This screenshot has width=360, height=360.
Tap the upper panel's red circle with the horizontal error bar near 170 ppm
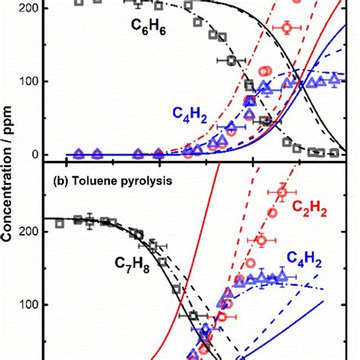287,28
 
